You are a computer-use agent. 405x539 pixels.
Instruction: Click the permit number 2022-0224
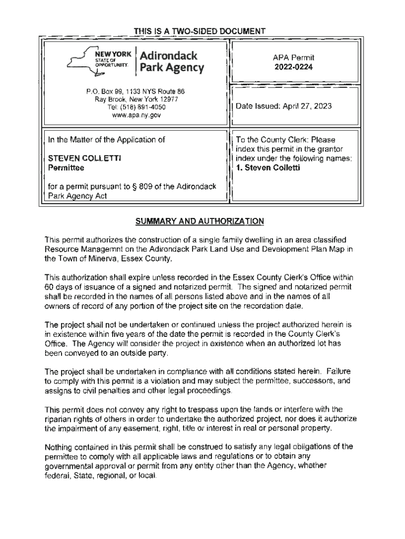[293, 67]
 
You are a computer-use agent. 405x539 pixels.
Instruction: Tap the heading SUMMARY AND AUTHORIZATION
[200, 222]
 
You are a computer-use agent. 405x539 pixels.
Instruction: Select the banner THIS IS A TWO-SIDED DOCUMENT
[199, 32]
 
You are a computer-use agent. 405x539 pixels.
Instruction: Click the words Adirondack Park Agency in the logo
[171, 62]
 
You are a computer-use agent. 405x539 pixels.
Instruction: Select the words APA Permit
[293, 57]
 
